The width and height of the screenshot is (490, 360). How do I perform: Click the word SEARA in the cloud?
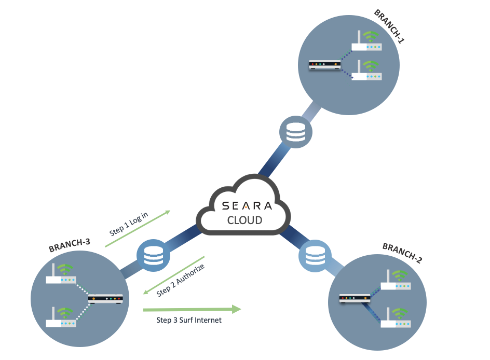coord(247,205)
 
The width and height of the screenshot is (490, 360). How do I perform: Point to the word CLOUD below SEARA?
coord(245,220)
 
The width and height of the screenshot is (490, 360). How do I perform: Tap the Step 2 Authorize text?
coord(181,281)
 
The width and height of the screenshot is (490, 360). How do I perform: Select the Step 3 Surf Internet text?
coord(189,320)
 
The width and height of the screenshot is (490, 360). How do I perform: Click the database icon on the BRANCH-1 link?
coord(296,132)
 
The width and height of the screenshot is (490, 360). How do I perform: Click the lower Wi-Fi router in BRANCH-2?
coord(396,319)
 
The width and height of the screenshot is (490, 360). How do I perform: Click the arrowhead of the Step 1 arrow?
coord(167,212)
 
